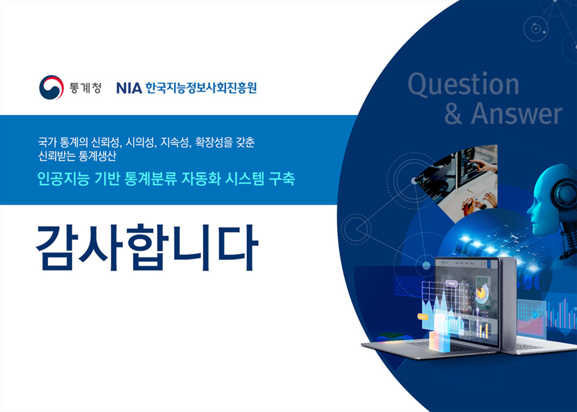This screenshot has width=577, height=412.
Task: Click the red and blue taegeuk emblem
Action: (52, 87)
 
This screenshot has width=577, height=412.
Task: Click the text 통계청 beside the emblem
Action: (85, 88)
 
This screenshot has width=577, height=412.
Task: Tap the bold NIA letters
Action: (129, 88)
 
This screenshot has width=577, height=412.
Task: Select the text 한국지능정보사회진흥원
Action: (201, 88)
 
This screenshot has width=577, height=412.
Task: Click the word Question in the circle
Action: (463, 85)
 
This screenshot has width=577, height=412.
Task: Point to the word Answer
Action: (516, 114)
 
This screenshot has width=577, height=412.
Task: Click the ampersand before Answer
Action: (454, 114)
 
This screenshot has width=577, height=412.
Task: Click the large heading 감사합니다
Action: (147, 247)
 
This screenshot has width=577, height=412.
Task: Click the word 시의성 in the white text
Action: (140, 142)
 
